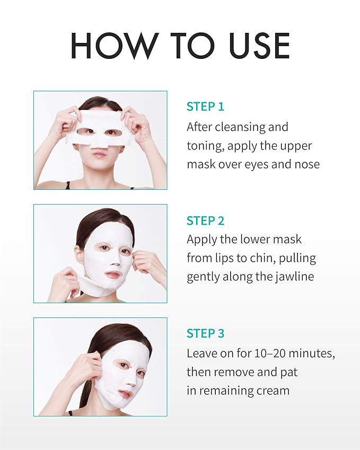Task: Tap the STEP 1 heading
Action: [x=205, y=106]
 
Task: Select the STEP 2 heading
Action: [x=205, y=220]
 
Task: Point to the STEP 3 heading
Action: [x=205, y=333]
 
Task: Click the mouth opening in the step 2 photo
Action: [x=113, y=275]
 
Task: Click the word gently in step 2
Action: [x=206, y=277]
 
